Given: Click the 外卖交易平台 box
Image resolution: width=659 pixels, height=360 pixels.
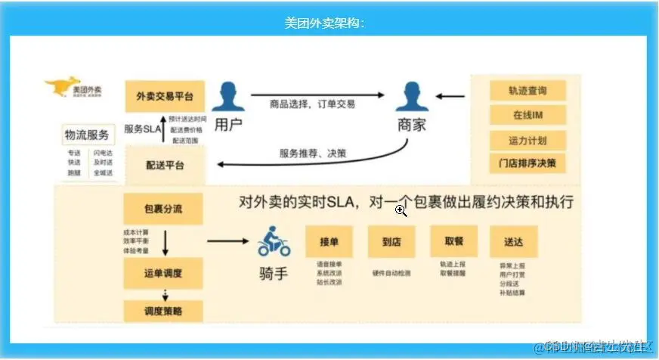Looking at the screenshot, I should coord(164,96).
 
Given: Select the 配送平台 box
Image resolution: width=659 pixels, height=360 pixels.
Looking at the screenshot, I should coord(164,166).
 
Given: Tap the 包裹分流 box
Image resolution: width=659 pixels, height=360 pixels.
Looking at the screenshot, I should coord(163,208).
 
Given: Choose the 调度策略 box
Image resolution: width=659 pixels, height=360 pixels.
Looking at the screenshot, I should coord(163,310).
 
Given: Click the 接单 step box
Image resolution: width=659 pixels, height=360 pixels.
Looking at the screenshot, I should coord(329,241).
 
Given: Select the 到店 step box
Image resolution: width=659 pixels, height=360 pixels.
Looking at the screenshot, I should coord(391,241).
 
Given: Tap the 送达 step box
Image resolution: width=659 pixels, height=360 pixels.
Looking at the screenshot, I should coord(513,241).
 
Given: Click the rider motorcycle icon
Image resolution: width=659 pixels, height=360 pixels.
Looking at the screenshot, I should coord(273,242).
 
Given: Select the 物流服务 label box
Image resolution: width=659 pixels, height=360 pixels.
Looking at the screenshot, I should coord(88,135).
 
